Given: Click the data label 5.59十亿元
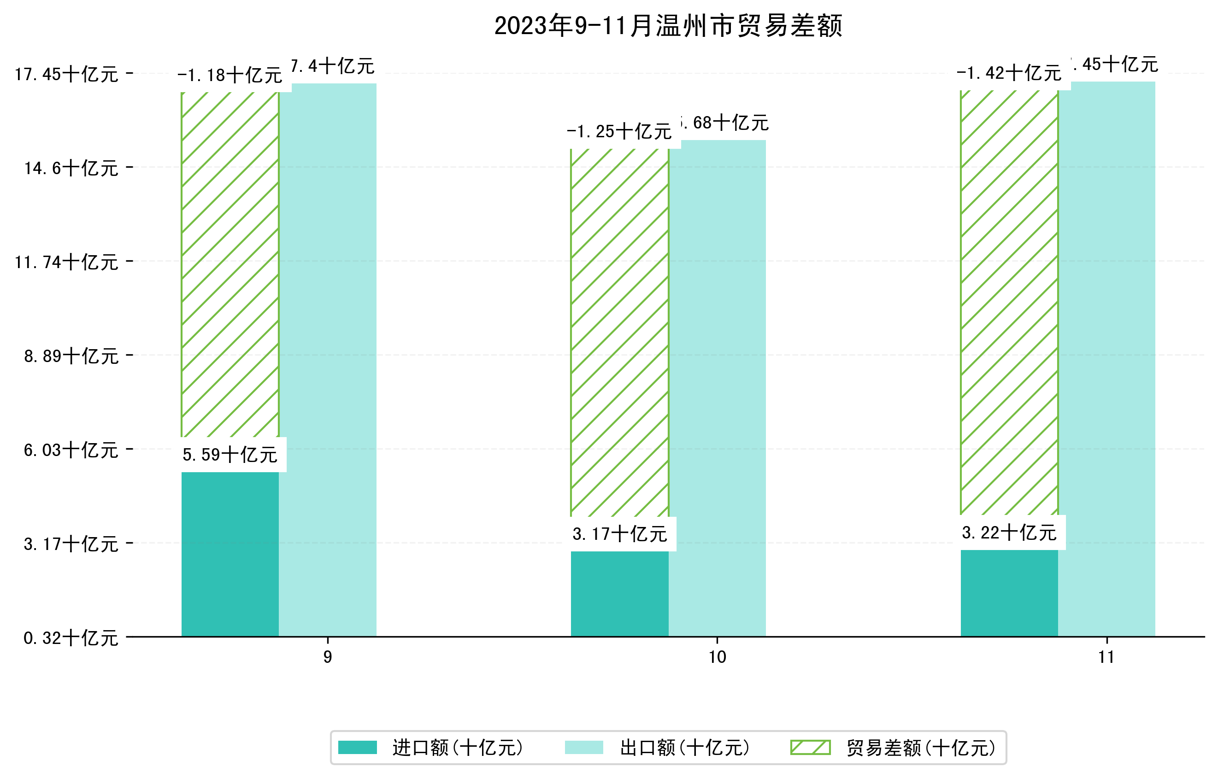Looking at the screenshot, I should (x=230, y=455).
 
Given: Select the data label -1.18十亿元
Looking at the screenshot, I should (x=230, y=76).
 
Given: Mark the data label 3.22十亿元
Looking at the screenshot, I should (x=1009, y=532).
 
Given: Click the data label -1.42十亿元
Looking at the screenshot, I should (x=1009, y=73).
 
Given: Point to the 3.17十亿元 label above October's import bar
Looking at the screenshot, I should (x=620, y=534).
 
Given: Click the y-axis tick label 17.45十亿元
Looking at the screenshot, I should (x=66, y=74).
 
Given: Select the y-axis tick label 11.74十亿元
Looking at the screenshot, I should (x=66, y=262).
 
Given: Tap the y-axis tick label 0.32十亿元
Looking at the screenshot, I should (x=71, y=638).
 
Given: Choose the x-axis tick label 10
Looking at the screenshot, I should (x=717, y=657).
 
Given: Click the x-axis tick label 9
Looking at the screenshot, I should (x=328, y=657).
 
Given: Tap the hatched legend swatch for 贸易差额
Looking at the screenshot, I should (x=810, y=747).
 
